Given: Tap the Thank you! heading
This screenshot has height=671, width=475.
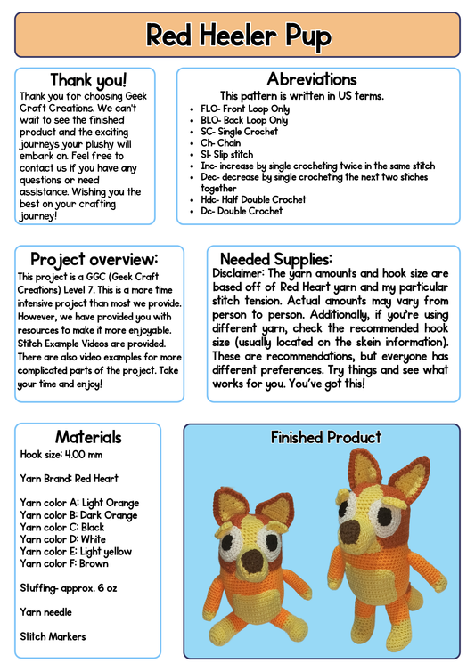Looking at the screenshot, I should click(x=87, y=81).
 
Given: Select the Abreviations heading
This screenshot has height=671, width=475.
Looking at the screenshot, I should click(x=311, y=79).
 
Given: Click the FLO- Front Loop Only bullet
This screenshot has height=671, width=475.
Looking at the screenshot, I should click(x=244, y=109).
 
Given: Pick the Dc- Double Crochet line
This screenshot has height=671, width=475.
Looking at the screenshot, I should click(x=242, y=211).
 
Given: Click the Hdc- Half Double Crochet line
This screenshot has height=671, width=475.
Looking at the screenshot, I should click(x=253, y=200).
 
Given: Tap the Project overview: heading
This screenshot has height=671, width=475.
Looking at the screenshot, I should click(x=94, y=259).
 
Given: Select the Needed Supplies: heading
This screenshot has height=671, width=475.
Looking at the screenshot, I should click(x=275, y=259).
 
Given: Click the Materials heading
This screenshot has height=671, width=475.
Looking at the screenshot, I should click(x=88, y=437).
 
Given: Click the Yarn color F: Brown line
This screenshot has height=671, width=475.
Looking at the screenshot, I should click(x=64, y=563).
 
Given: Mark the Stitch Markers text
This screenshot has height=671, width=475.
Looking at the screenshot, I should click(x=53, y=636).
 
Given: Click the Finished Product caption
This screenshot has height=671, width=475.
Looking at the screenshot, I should click(x=325, y=437).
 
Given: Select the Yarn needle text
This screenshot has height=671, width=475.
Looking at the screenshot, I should click(x=46, y=612).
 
